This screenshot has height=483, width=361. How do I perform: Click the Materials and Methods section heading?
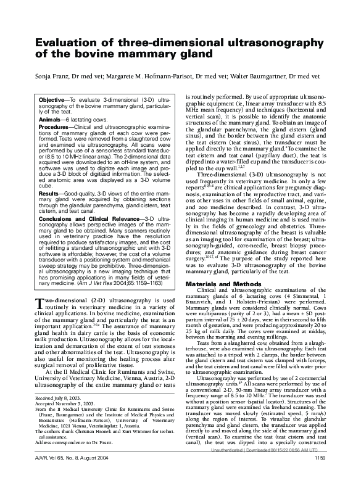(x=222, y=283)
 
